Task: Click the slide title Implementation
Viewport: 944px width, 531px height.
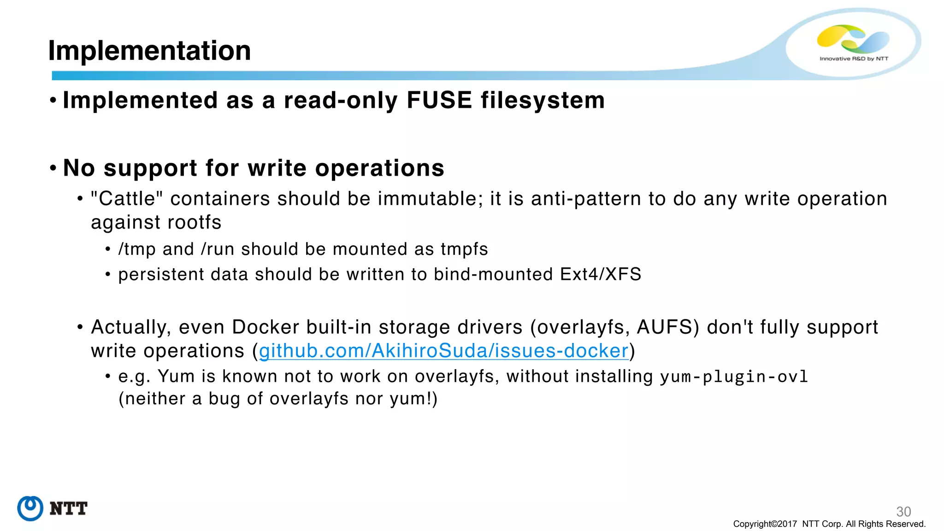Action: click(x=149, y=50)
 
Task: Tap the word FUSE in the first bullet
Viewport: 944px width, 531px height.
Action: click(x=439, y=100)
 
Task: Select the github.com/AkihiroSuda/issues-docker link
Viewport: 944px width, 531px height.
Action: click(x=443, y=351)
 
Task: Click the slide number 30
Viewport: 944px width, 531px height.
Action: click(x=903, y=511)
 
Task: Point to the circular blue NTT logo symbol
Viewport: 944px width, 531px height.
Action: click(x=30, y=508)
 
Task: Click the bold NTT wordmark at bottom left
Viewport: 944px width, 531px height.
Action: click(x=68, y=509)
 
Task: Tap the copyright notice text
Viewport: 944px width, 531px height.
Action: click(x=829, y=524)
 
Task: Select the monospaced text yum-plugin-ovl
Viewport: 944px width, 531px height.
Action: click(x=734, y=377)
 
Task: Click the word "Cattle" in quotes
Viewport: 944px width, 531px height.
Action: click(x=127, y=199)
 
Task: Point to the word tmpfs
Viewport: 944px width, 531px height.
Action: click(x=464, y=249)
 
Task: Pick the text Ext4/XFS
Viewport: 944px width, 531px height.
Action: click(x=600, y=274)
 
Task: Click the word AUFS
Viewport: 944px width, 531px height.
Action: click(x=665, y=327)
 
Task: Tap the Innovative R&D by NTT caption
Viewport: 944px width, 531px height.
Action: click(x=854, y=59)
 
